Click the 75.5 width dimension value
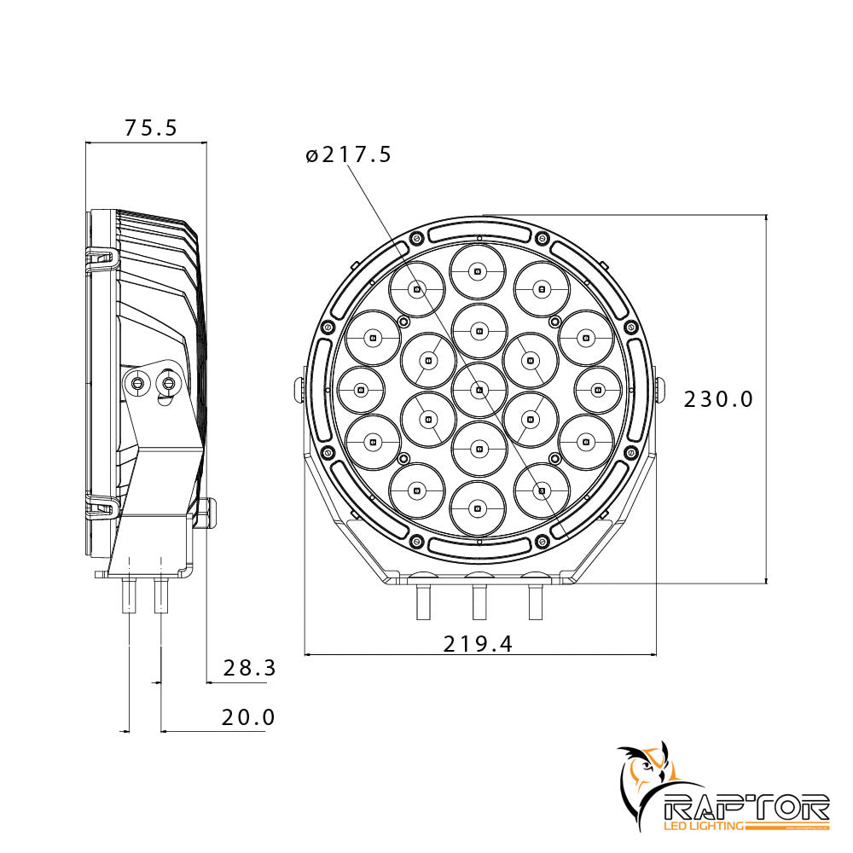pyautogui.click(x=150, y=128)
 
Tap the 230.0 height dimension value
pyautogui.click(x=718, y=399)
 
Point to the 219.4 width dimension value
pyautogui.click(x=478, y=644)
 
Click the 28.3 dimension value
pyautogui.click(x=249, y=668)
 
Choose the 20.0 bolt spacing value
pyautogui.click(x=248, y=717)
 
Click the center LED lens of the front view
pyautogui.click(x=479, y=390)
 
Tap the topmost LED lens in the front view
pyautogui.click(x=479, y=270)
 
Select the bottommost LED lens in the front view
pyautogui.click(x=479, y=509)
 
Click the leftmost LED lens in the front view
pyautogui.click(x=361, y=390)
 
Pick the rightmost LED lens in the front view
pyautogui.click(x=597, y=390)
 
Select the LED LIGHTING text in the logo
pyautogui.click(x=704, y=826)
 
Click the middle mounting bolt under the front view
pyautogui.click(x=479, y=602)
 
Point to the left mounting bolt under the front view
pyautogui.click(x=422, y=602)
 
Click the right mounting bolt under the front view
pyautogui.click(x=536, y=602)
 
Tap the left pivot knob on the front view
pyautogui.click(x=299, y=388)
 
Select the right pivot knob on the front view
pyautogui.click(x=659, y=388)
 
